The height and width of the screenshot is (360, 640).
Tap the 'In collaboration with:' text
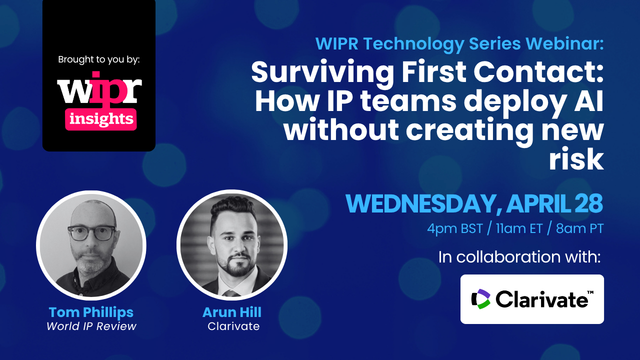click(x=520, y=259)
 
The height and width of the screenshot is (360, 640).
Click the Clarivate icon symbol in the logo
click(x=481, y=299)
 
